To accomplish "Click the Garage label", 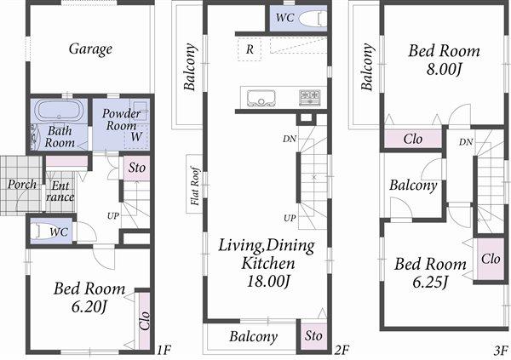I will coord(90,49).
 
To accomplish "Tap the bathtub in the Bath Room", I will coord(58,111).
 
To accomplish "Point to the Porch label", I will coord(22,184).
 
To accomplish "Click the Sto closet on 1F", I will coord(137,169).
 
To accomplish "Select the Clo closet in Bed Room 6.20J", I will coord(143,321).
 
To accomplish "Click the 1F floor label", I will coord(164,350).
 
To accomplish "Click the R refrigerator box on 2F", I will coord(249,49).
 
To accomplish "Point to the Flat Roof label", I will coord(195,186).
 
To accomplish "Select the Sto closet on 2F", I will coord(313,336).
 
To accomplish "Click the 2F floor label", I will coord(342,350).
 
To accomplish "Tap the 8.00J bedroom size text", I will coord(443,68).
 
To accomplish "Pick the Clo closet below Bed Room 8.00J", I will coord(413,139).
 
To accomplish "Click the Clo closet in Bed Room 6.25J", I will coord(491,258).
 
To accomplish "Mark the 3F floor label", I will coord(500,350).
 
